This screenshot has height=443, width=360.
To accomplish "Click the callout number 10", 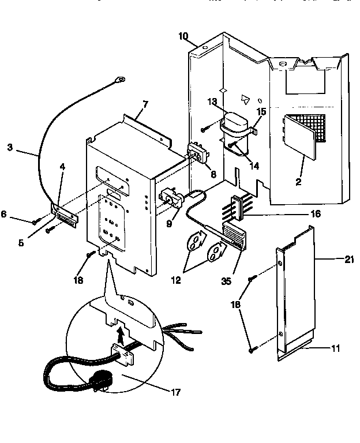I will point(183,36).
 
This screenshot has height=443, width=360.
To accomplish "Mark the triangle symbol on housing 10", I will point(246,99).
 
